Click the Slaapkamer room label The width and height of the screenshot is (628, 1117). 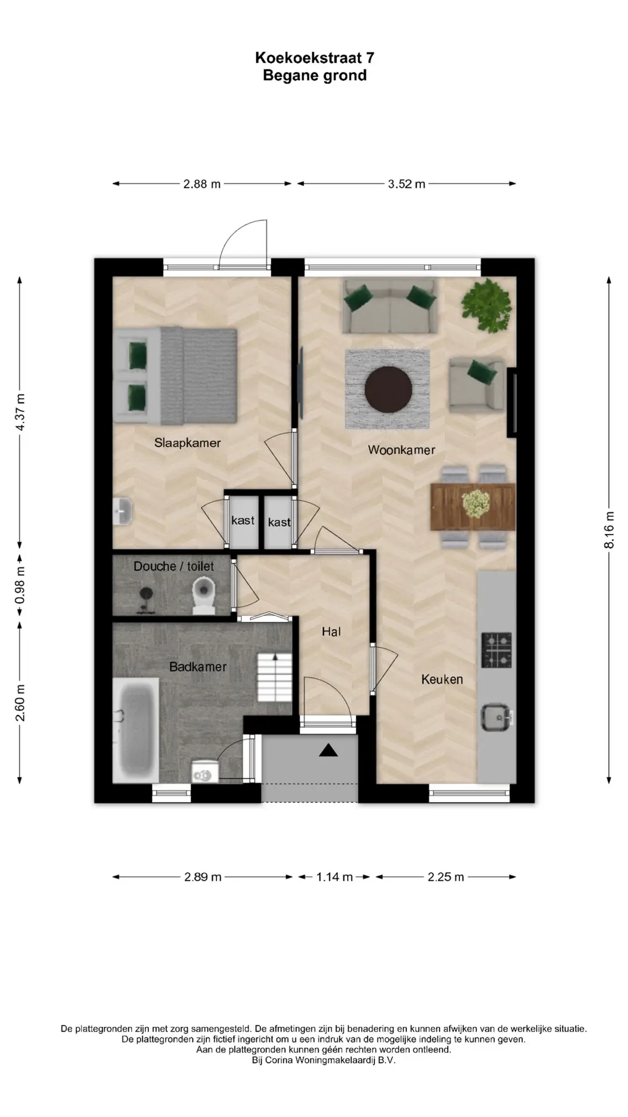point(187,443)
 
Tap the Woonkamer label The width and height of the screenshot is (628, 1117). point(401,450)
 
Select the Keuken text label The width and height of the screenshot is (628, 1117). point(442,679)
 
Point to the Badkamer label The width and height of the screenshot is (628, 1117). point(198,667)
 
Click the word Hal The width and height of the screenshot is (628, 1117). point(331,631)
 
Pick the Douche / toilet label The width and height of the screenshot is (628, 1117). point(174,566)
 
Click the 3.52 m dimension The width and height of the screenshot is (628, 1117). point(406,184)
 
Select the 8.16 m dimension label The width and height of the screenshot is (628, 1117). point(609,529)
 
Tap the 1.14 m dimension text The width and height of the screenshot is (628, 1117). point(334,877)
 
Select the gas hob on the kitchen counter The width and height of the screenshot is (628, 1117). point(497,650)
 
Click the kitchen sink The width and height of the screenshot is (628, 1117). point(496,717)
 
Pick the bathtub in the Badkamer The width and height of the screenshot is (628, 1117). point(135,730)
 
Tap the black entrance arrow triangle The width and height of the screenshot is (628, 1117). point(329,750)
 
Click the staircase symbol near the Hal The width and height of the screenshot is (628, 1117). point(274,677)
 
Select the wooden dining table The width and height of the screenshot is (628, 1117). point(473,507)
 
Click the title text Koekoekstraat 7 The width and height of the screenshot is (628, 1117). point(315,58)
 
